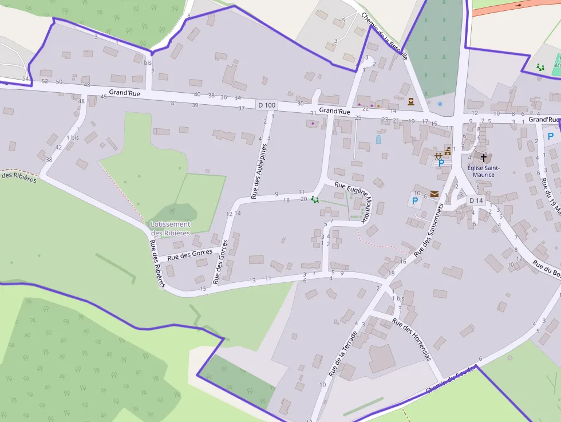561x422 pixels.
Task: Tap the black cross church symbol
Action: coord(484,157)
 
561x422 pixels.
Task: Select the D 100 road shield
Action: coord(267,105)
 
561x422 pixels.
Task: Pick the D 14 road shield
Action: coord(476,200)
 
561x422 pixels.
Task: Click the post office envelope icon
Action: coord(435,195)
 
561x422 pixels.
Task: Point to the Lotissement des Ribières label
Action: coord(171,228)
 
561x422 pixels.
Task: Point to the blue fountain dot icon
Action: coord(439,104)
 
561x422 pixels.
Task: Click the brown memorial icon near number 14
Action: coord(411,102)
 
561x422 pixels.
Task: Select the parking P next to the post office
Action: coord(415,201)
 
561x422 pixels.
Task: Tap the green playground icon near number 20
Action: coord(314,199)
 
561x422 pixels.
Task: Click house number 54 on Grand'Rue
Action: coord(25,78)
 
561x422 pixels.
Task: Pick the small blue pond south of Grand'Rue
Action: coord(378,139)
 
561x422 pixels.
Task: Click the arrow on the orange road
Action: coord(519,5)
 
